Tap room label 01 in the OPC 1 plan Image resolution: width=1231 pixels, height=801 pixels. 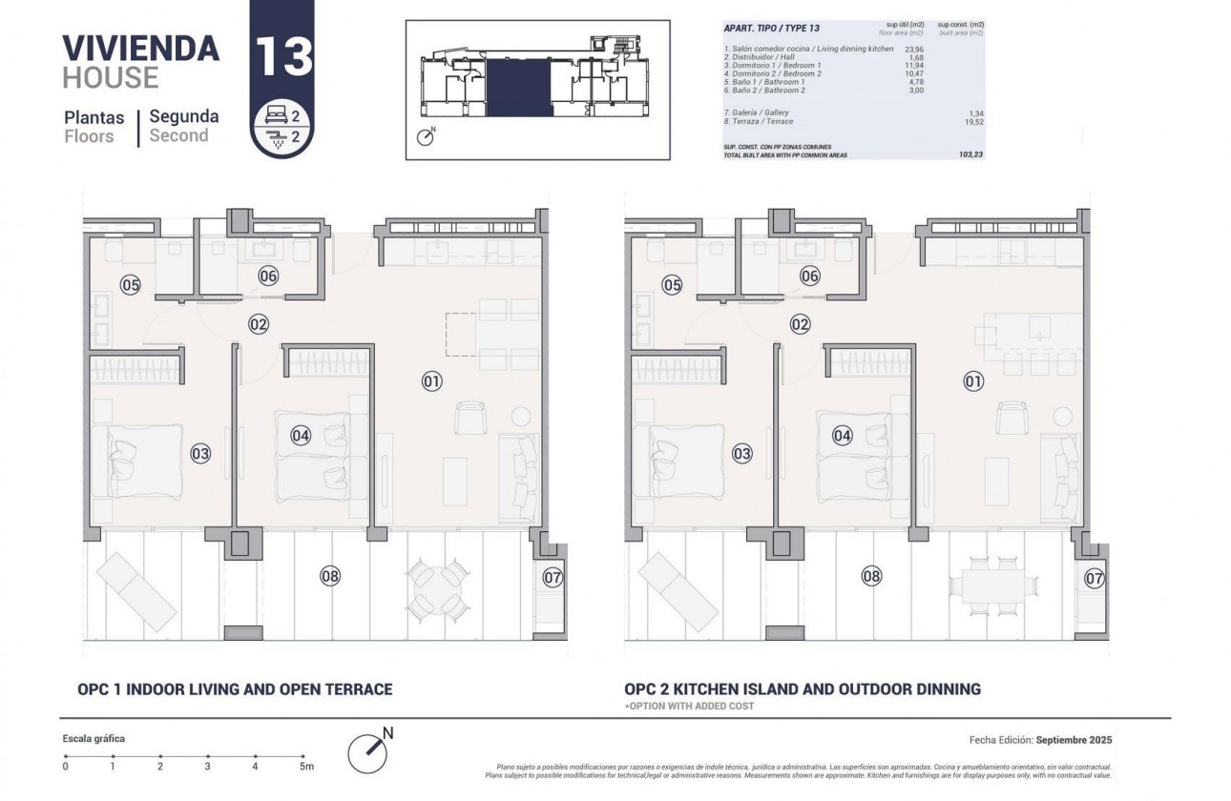click(431, 381)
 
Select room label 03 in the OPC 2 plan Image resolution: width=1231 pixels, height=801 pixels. click(741, 454)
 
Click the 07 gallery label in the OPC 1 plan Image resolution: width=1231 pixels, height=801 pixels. click(553, 577)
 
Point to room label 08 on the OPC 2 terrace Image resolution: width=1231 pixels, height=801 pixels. click(871, 576)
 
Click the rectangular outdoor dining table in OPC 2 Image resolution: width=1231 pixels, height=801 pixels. click(989, 585)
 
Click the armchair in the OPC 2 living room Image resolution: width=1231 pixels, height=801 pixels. click(1012, 418)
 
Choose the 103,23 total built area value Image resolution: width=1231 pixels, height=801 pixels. click(970, 154)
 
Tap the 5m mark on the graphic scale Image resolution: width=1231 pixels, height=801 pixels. click(305, 765)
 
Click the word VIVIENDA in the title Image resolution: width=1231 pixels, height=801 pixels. click(140, 47)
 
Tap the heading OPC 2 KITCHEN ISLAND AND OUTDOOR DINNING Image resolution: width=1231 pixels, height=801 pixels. click(802, 689)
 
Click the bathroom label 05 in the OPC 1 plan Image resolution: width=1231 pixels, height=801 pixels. click(131, 284)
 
